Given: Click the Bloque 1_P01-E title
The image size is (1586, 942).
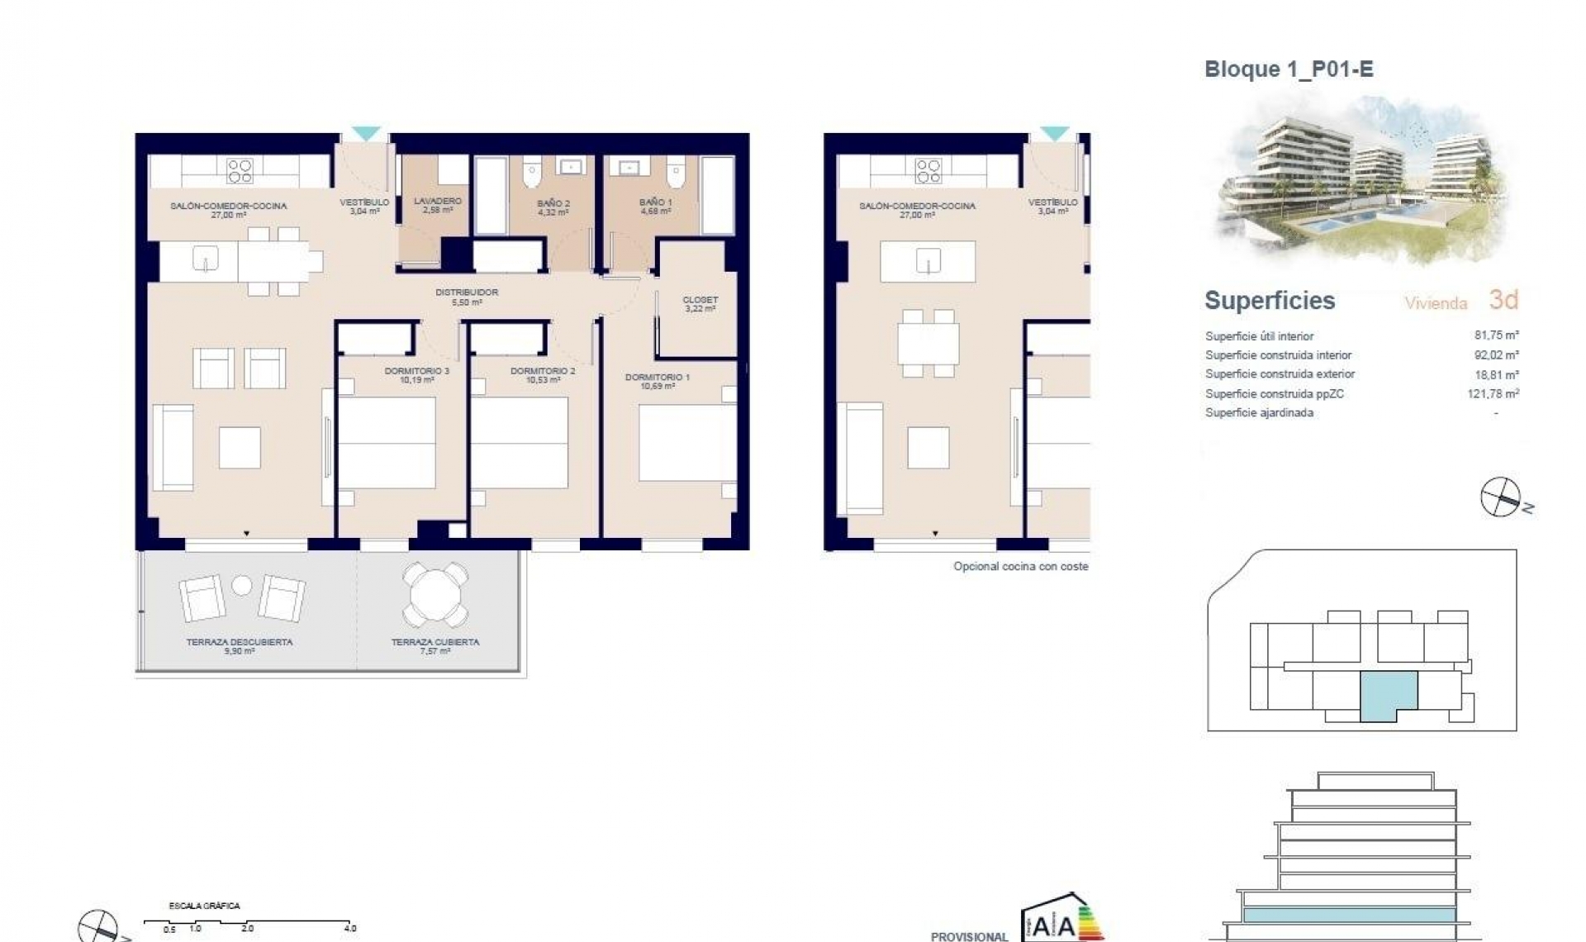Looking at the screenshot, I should [x=1289, y=69].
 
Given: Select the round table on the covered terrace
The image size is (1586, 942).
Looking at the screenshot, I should [x=434, y=595].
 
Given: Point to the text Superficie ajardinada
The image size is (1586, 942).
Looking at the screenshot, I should [x=1259, y=413].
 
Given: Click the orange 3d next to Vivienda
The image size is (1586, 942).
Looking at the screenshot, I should [x=1503, y=300].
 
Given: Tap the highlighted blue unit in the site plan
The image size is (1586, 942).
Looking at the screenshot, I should [x=1388, y=693].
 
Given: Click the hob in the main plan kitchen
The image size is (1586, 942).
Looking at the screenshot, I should [x=240, y=171].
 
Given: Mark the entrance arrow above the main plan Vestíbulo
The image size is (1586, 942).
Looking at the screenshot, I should [x=365, y=133].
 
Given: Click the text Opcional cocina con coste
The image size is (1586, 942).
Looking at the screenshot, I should [x=1020, y=567].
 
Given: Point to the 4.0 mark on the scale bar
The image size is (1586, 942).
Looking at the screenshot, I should [x=350, y=928].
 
